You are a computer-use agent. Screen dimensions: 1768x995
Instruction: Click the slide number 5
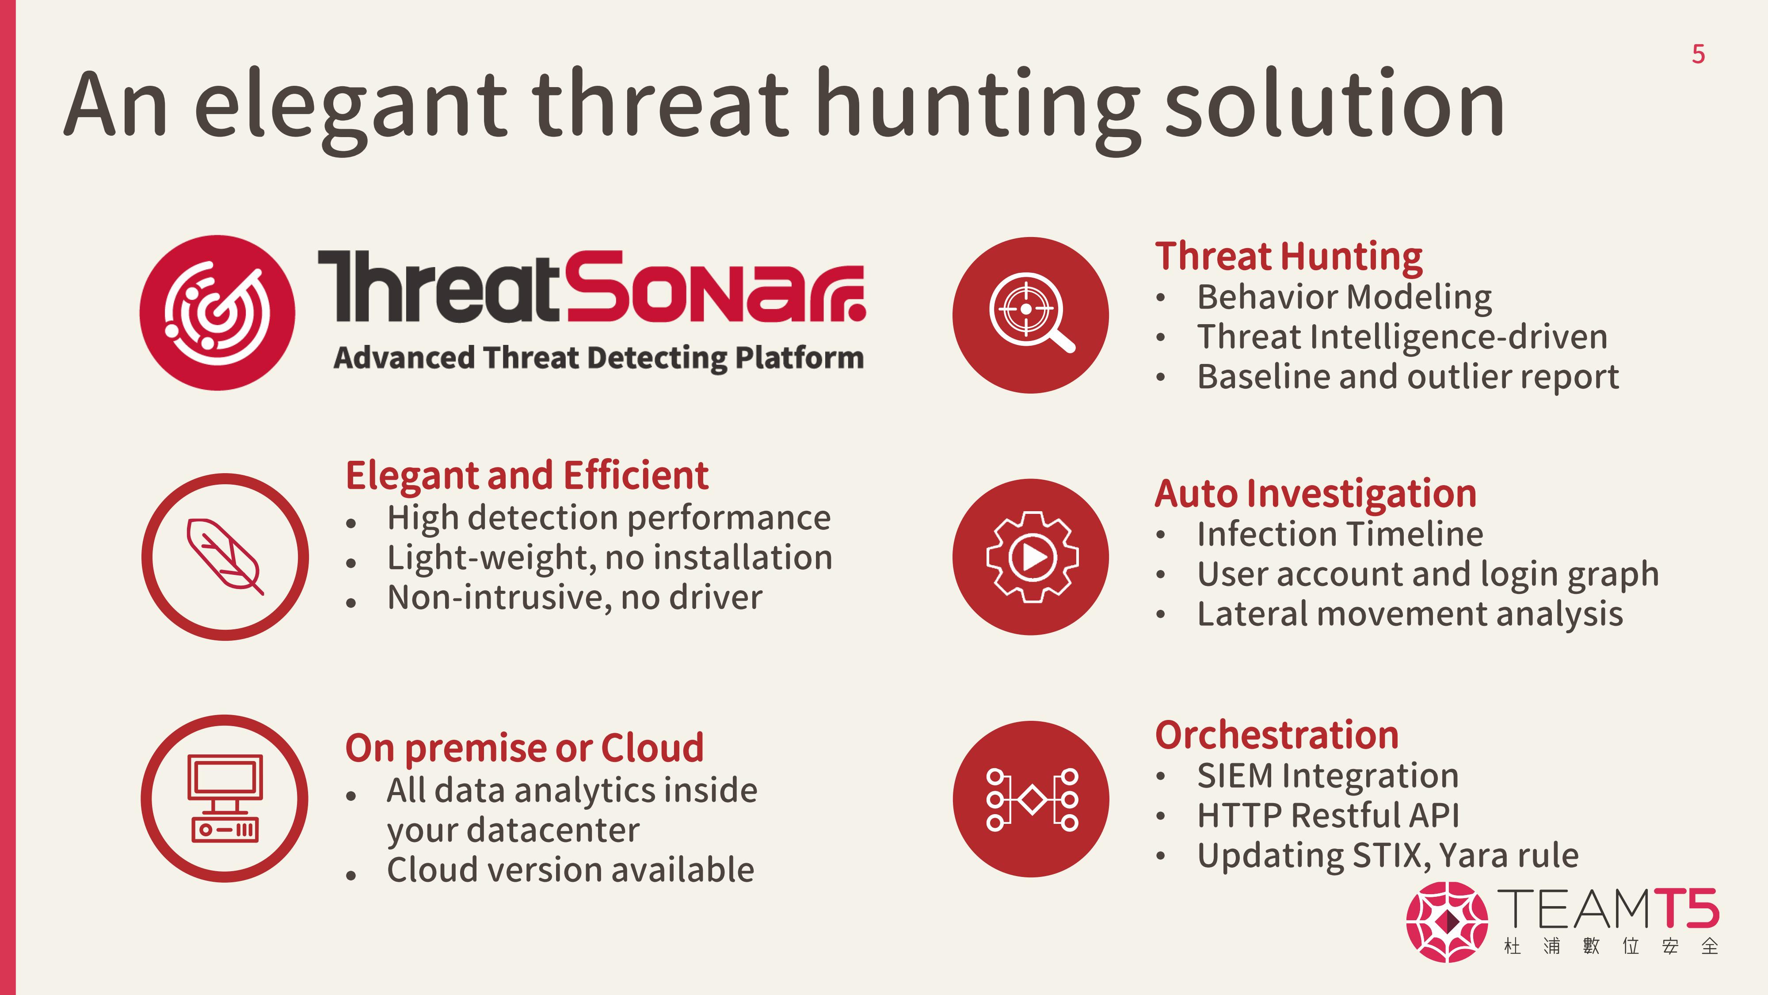click(x=1698, y=54)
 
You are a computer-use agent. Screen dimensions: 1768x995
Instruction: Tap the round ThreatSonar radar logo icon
click(x=217, y=313)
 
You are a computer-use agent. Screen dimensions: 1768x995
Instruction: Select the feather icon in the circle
click(x=225, y=556)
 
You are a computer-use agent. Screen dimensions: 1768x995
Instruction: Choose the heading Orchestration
click(x=1276, y=735)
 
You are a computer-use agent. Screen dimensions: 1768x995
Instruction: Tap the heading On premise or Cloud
click(x=524, y=749)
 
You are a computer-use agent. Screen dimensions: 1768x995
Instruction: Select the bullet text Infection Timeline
click(x=1340, y=534)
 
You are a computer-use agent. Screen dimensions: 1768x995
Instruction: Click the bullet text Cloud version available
click(x=570, y=870)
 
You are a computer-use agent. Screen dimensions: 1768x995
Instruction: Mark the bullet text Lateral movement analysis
click(x=1410, y=614)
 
